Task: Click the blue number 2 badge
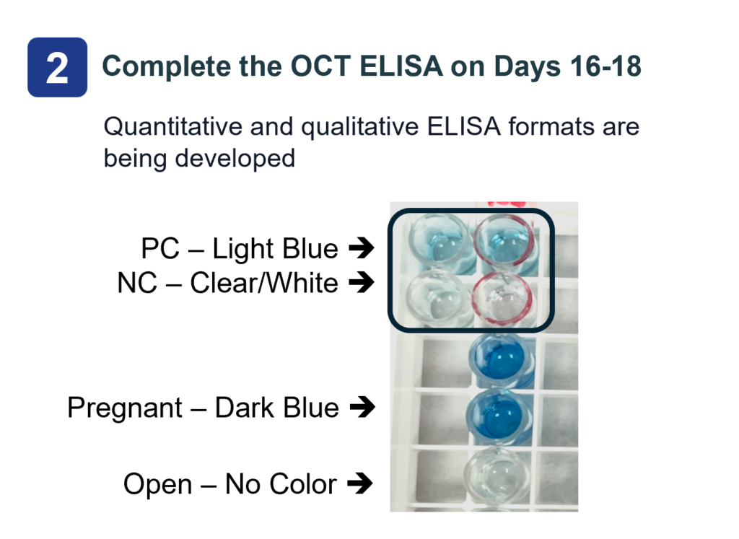click(58, 67)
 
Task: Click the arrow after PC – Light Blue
click(362, 247)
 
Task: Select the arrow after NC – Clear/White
click(362, 283)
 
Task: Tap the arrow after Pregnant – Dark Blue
click(362, 407)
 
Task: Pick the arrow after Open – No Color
click(359, 483)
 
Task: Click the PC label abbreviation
click(160, 248)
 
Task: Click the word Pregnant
click(125, 408)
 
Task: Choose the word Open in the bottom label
click(158, 485)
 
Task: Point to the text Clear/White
click(264, 283)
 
